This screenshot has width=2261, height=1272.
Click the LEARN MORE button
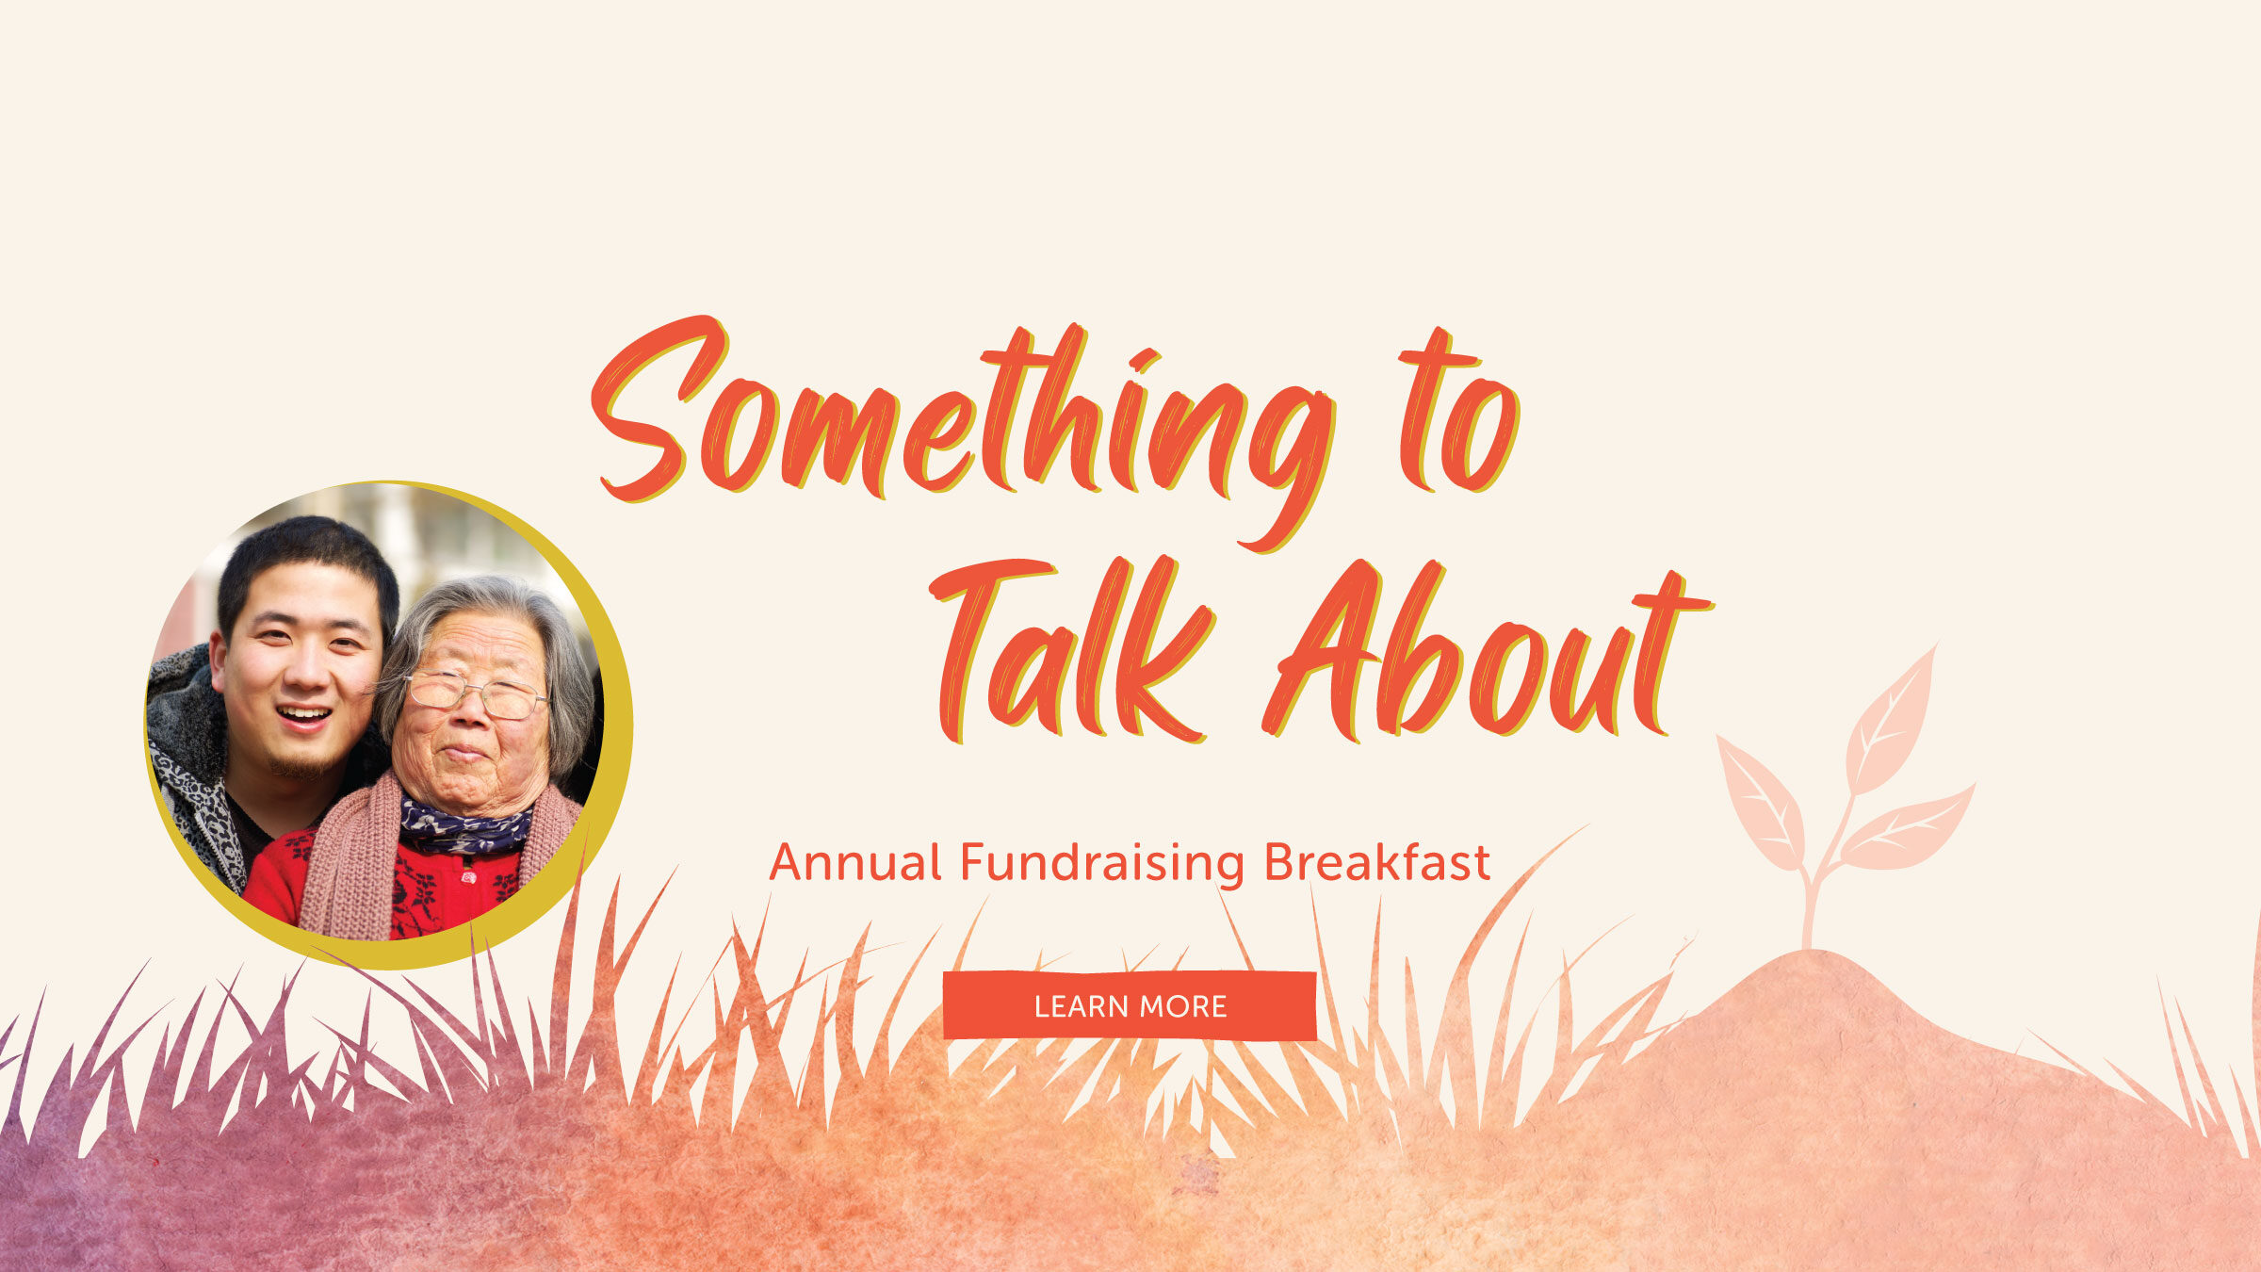pos(1130,1005)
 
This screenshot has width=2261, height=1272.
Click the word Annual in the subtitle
pos(855,861)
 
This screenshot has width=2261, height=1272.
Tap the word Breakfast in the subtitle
pos(1377,861)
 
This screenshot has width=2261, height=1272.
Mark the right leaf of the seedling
pos(1909,829)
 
